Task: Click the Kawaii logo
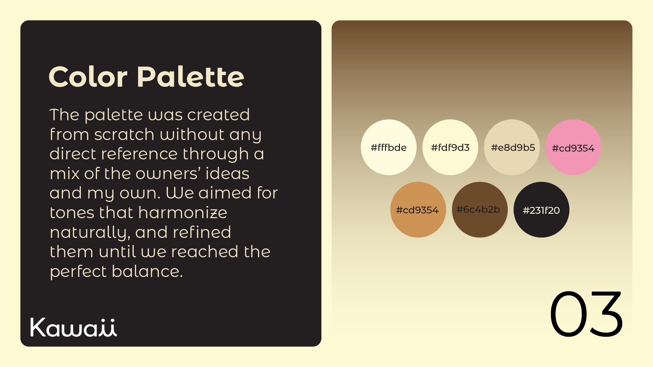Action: click(x=73, y=327)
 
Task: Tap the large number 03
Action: click(x=586, y=314)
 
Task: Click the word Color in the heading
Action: click(x=88, y=77)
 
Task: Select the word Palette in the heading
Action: click(x=190, y=77)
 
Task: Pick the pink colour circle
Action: click(x=573, y=147)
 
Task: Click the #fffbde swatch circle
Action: click(x=389, y=147)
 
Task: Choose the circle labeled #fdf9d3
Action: click(x=450, y=147)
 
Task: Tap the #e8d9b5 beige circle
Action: click(x=512, y=147)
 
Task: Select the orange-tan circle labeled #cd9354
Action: click(x=418, y=210)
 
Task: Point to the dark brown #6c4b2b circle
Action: click(x=480, y=210)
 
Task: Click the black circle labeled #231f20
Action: click(x=541, y=210)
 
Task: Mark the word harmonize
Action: click(x=183, y=213)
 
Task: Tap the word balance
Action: click(x=147, y=272)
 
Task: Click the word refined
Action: click(x=202, y=232)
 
